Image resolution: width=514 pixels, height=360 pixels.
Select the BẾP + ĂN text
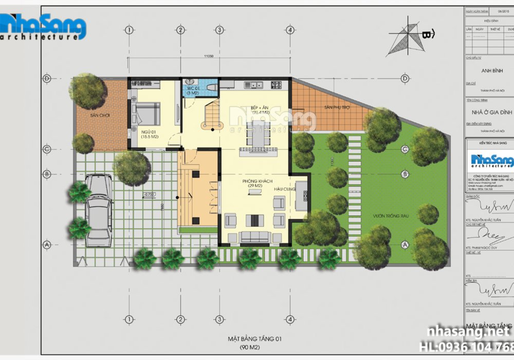pos(258,108)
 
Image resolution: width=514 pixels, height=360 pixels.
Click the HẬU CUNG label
pos(280,189)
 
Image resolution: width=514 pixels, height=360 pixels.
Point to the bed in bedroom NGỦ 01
pos(146,114)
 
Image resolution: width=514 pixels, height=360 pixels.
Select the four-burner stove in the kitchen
pos(276,84)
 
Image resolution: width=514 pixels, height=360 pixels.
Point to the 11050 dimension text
pos(209,57)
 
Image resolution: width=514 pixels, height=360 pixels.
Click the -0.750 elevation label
pos(150,194)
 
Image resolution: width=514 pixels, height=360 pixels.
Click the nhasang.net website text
pos(468,333)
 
